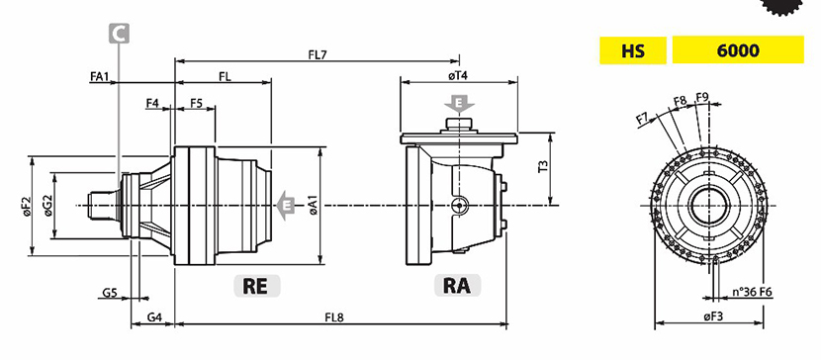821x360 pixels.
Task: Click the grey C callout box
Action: pos(119,34)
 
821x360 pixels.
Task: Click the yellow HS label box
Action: pos(632,50)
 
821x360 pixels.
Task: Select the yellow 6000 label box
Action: pos(738,49)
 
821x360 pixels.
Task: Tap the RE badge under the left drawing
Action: pos(256,286)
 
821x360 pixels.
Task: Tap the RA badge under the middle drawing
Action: pos(457,286)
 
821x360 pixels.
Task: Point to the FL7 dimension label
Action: pos(317,53)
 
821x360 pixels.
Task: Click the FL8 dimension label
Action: pos(334,317)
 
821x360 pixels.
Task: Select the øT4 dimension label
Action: pos(458,76)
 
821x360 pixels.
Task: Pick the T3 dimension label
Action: pos(543,167)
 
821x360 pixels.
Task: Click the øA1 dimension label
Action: pos(314,205)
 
